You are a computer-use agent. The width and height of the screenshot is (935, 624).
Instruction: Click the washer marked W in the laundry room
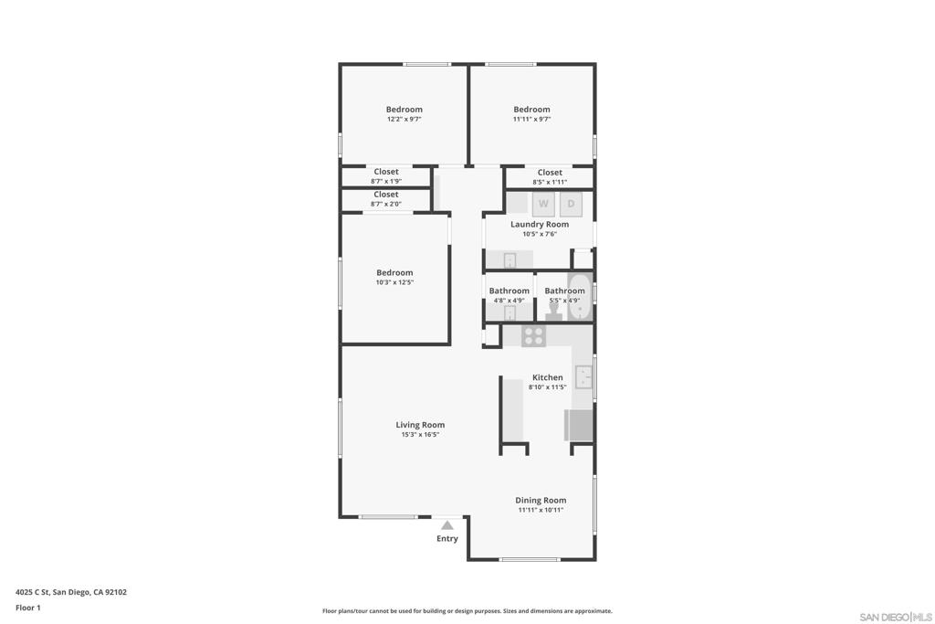coord(543,204)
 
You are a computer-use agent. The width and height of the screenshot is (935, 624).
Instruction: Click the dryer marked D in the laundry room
coord(571,204)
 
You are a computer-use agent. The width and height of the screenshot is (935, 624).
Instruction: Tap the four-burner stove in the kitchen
coord(533,336)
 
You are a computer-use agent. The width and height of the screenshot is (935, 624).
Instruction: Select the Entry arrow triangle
coord(447,525)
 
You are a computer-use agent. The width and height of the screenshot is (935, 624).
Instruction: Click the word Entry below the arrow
coord(447,539)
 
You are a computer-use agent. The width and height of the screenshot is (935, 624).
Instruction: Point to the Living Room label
coord(420,425)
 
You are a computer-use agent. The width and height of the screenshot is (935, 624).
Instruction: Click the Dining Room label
coord(541,500)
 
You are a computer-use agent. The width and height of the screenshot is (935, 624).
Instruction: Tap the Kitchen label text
coord(548,377)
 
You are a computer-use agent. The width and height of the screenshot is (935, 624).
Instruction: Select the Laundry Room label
coord(540,224)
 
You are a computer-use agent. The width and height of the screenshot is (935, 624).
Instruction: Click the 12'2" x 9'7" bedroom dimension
coord(404,120)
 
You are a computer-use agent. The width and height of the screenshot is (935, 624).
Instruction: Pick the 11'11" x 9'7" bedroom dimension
coord(531,120)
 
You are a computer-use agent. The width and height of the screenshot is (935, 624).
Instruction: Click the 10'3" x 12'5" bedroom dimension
coord(394,282)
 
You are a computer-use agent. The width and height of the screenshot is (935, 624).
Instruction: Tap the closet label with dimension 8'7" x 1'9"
coord(385,172)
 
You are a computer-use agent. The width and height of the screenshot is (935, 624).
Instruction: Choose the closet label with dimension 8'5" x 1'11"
coord(550,173)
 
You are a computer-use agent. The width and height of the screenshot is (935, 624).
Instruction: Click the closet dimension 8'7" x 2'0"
coord(385,204)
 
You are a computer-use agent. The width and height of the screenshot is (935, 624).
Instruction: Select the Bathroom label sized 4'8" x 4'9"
coord(509,291)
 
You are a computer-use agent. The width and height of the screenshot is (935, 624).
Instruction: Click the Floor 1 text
coord(28,608)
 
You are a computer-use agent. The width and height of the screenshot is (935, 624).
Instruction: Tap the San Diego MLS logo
coord(896,618)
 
